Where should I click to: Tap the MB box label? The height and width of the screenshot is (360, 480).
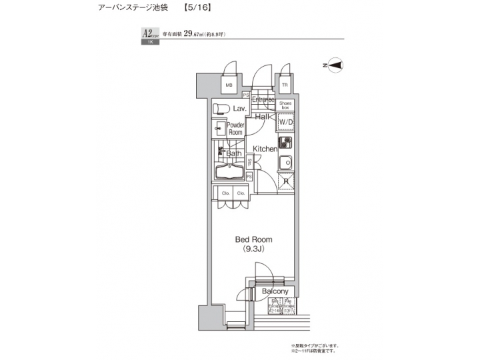click(228, 86)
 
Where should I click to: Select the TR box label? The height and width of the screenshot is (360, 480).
click(285, 86)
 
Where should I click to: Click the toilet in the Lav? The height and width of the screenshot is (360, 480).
click(221, 109)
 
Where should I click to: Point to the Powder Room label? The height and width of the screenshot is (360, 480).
click(235, 129)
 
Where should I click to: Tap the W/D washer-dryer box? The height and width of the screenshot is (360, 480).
click(285, 123)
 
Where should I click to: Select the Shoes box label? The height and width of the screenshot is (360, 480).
click(285, 105)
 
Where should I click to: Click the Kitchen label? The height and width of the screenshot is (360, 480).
click(264, 149)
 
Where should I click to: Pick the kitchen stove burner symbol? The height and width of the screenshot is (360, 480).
click(285, 142)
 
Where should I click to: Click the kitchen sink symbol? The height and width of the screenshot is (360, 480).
click(285, 161)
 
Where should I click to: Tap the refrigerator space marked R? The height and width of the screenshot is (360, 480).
click(285, 181)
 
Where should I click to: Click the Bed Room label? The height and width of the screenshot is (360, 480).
click(253, 239)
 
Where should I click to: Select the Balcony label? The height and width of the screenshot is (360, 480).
click(275, 292)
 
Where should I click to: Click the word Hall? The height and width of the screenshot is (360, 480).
click(261, 117)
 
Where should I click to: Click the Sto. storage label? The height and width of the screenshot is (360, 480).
click(249, 161)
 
